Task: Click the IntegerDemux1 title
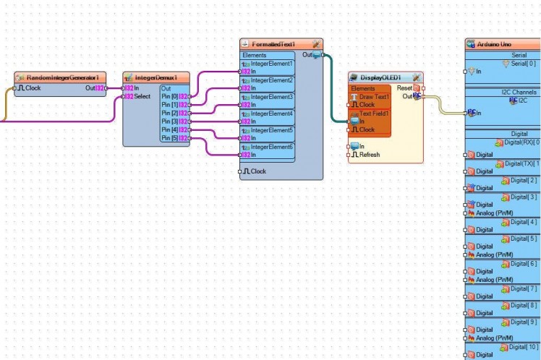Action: [x=156, y=77]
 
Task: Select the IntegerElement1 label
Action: [x=271, y=64]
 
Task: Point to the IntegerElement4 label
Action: [x=271, y=113]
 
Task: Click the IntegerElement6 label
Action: [x=271, y=147]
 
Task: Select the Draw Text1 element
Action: [x=374, y=96]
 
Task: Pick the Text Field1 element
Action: [x=374, y=113]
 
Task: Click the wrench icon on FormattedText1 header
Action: [x=317, y=45]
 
